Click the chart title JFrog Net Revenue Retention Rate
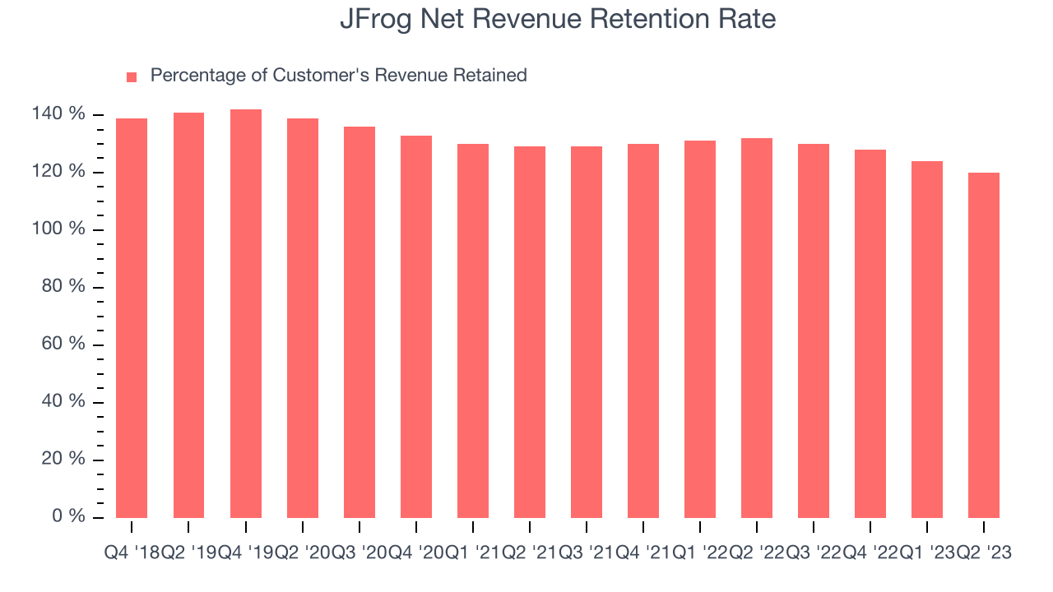[558, 19]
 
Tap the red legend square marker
[132, 76]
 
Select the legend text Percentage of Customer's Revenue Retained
[338, 76]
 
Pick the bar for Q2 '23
[984, 345]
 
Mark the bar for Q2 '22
[757, 328]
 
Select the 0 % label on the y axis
[69, 516]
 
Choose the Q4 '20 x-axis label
[415, 553]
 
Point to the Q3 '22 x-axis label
[814, 553]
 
